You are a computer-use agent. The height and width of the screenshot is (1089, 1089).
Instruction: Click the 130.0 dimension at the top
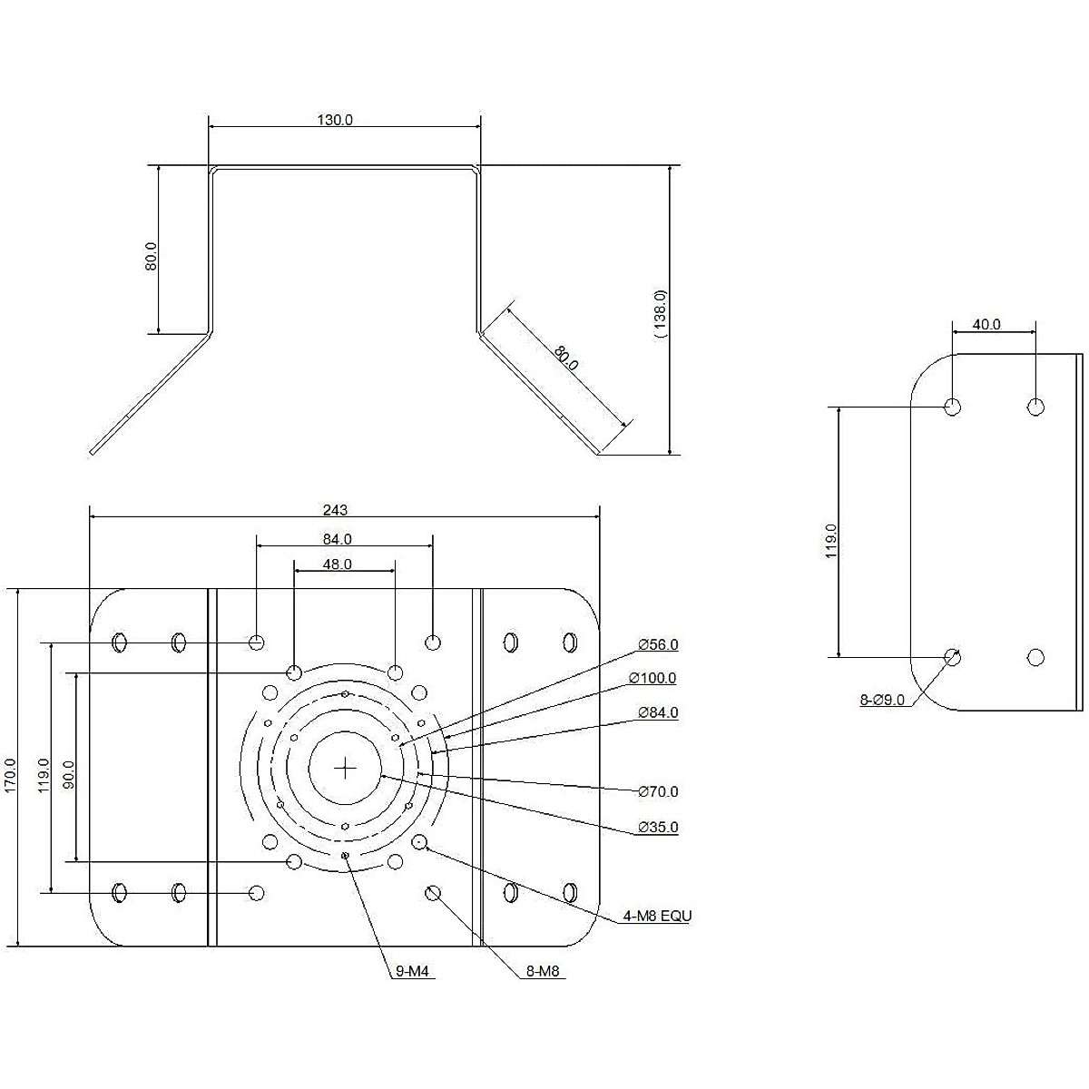click(x=335, y=120)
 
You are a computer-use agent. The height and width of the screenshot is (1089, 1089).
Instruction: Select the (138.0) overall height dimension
click(x=660, y=314)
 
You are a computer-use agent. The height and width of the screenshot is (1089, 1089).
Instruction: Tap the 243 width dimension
click(x=335, y=510)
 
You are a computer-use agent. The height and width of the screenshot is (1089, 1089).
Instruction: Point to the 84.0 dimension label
click(x=338, y=539)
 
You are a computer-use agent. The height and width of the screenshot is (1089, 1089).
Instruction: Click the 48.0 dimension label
click(x=338, y=564)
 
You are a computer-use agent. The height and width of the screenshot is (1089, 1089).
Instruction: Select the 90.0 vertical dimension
click(x=68, y=774)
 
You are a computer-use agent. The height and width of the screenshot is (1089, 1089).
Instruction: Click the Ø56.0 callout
click(x=658, y=644)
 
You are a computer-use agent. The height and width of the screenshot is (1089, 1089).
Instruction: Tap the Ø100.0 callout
click(x=652, y=678)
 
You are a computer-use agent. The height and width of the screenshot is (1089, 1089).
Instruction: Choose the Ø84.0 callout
click(x=658, y=712)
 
